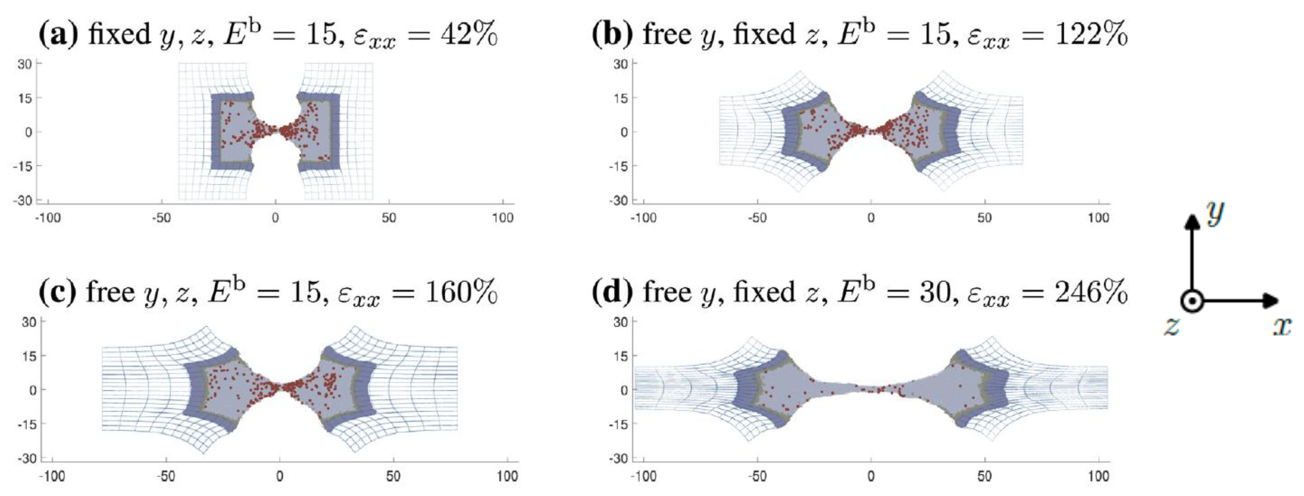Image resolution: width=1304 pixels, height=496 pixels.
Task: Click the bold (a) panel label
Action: [x=58, y=34]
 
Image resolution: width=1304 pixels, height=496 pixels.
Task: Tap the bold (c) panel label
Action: [x=57, y=292]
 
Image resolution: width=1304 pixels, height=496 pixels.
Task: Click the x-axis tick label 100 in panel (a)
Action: [x=503, y=218]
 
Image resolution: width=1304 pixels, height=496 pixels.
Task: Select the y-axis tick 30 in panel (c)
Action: [x=29, y=322]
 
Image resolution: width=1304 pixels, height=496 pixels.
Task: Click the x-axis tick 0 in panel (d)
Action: [x=871, y=476]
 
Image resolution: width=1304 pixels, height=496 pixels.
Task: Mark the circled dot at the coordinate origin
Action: [x=1193, y=302]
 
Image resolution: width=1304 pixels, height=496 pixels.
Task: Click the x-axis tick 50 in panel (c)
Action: [x=393, y=476]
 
